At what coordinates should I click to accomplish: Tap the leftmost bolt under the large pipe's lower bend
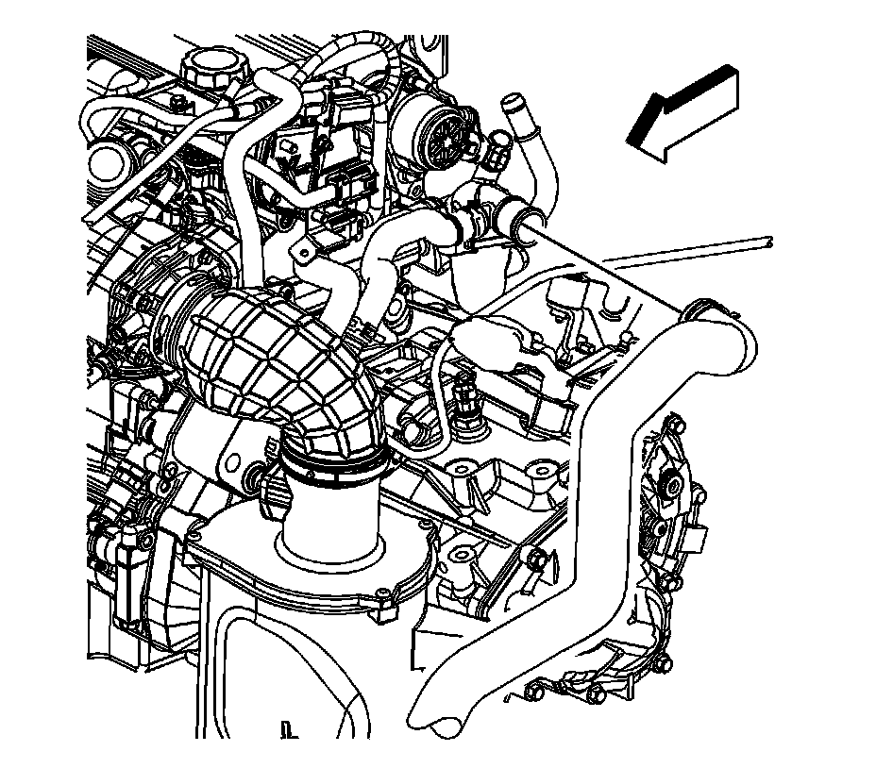click(x=531, y=696)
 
